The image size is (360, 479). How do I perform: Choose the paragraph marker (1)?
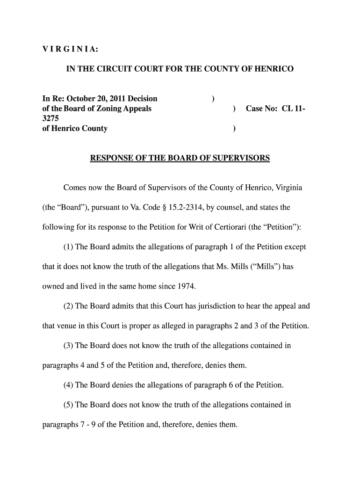tap(68, 247)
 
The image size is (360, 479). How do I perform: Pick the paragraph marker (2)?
tap(68, 306)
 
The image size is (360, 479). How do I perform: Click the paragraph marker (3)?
tap(68, 346)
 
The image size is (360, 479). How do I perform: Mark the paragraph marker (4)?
tap(68, 385)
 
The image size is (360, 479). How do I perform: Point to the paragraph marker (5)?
tap(68, 405)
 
